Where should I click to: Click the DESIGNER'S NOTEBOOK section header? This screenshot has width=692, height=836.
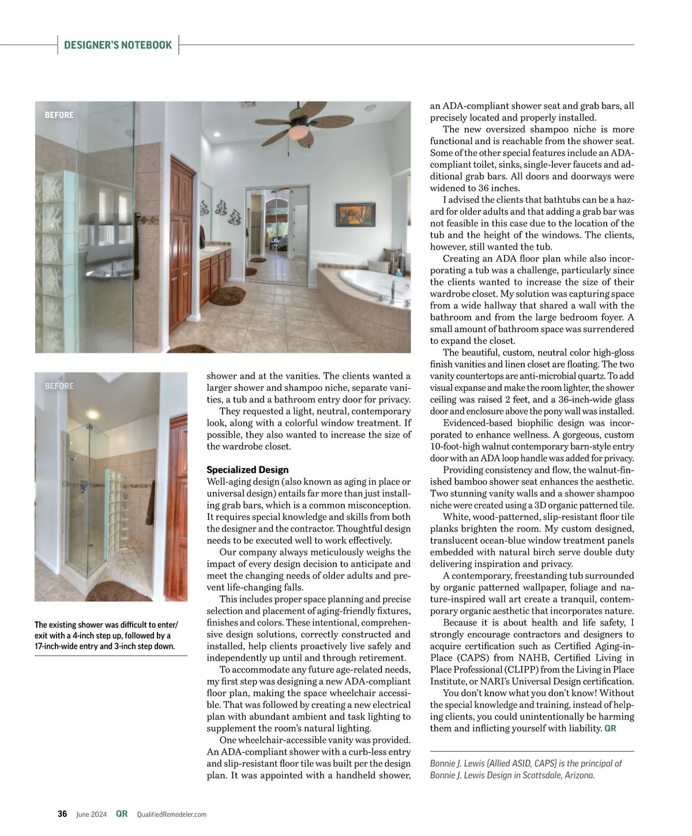click(118, 45)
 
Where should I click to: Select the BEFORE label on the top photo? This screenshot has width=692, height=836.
click(59, 115)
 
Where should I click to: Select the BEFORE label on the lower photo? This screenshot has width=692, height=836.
click(59, 386)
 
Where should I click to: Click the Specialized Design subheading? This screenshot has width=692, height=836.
click(247, 470)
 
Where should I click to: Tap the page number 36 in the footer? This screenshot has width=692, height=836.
click(62, 814)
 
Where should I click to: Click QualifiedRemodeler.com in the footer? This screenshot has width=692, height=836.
click(171, 815)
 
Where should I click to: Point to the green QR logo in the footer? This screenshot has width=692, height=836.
click(122, 814)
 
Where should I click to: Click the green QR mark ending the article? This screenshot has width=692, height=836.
click(610, 729)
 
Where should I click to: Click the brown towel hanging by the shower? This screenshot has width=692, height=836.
click(152, 492)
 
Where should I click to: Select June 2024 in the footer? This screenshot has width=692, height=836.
click(92, 815)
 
